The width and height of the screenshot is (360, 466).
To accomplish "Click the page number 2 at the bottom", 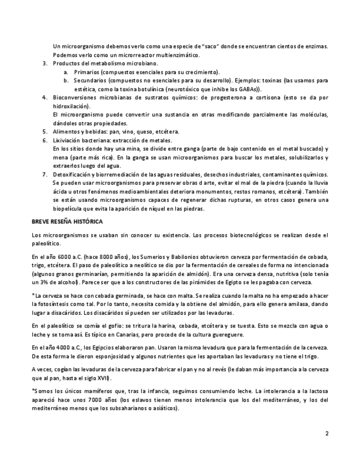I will pos(327,433).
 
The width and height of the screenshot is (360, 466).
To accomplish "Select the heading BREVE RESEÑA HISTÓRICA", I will pos(67,221).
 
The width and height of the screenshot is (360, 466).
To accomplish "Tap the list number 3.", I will pos(45,64).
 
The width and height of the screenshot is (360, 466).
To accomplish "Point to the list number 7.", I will pos(45,174).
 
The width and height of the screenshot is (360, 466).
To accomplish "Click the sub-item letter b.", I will pos(66,80).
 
